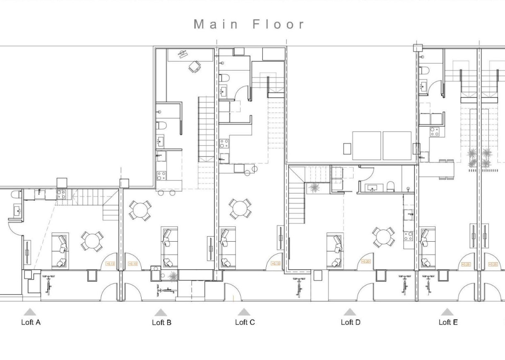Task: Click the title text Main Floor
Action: click(x=249, y=24)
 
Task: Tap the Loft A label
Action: click(x=31, y=322)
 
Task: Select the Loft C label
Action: click(x=245, y=322)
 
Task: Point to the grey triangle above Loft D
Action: click(x=350, y=312)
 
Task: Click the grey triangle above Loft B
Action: click(x=161, y=313)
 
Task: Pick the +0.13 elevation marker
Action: click(x=110, y=264)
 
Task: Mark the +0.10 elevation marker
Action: click(x=133, y=264)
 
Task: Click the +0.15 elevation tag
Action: click(x=276, y=263)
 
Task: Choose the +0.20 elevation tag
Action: click(x=366, y=262)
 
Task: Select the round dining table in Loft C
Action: click(x=240, y=209)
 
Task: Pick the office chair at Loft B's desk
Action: click(x=195, y=67)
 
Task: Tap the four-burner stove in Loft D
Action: click(x=408, y=236)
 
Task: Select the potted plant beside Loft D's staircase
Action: click(x=314, y=188)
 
